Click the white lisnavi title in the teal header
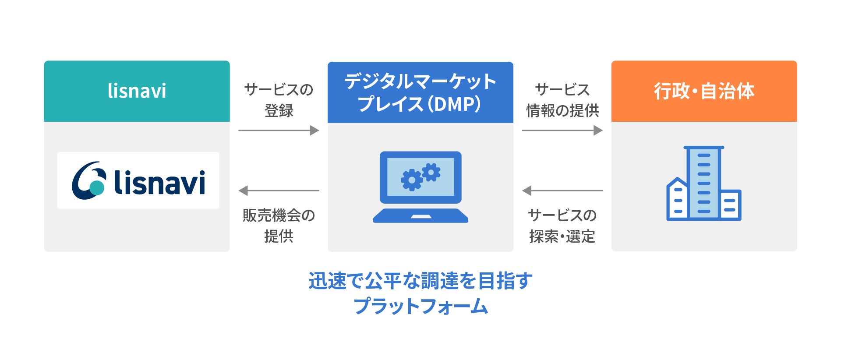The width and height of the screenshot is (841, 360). coord(137,91)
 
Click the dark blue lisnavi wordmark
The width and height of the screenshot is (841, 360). coord(159,182)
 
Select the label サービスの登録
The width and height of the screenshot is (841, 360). coord(279,100)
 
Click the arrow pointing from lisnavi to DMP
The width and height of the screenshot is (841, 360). coord(279,130)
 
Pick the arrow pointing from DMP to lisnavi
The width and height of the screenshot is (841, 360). coord(279,191)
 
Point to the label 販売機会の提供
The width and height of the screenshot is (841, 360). coord(279,226)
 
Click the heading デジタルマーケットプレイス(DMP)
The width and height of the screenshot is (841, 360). coord(420,92)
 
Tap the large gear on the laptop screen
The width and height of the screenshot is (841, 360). coord(411,180)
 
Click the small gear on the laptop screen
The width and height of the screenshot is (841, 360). coord(431,172)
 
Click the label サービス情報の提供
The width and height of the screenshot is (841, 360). coord(562,100)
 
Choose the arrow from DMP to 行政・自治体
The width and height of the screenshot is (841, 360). coord(562,130)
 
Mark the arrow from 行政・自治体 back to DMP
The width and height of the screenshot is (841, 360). coord(562,191)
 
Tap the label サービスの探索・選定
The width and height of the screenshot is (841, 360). coord(562,226)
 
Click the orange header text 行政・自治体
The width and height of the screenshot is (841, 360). coord(704,91)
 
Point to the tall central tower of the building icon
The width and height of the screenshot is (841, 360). coord(704,183)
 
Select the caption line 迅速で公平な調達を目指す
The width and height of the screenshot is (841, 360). coord(420,281)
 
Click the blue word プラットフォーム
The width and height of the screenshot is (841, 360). coord(420,306)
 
